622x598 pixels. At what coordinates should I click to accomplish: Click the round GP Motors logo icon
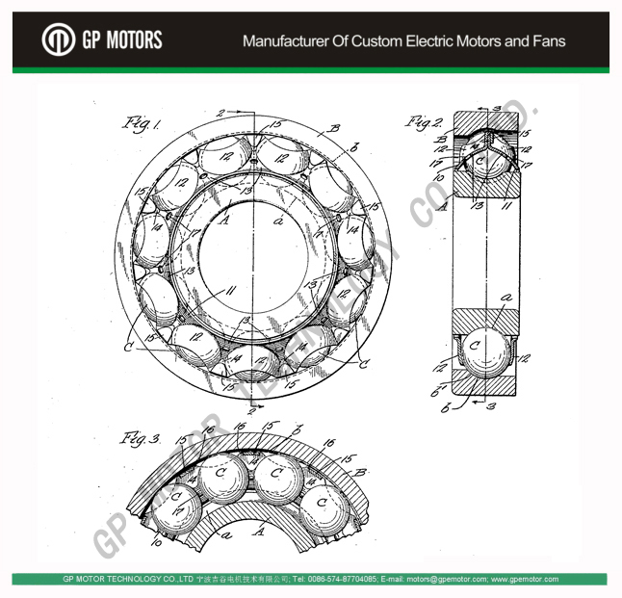58,39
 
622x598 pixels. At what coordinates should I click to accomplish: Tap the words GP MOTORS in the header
121,40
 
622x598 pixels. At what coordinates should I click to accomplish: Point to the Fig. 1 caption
142,122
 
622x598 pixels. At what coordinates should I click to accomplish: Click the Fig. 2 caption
424,122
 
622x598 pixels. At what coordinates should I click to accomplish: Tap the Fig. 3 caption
140,438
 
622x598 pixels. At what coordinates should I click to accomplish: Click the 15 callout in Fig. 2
525,133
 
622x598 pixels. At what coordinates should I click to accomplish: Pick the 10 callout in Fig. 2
437,178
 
